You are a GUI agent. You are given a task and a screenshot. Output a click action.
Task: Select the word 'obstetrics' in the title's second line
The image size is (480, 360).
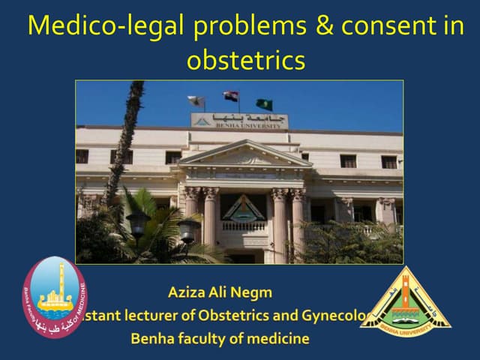246,59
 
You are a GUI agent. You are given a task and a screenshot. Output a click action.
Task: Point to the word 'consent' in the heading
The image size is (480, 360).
382,26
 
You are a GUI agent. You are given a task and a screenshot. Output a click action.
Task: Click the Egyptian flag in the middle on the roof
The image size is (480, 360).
231,97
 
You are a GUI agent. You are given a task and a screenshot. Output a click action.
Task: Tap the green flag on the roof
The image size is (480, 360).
264,103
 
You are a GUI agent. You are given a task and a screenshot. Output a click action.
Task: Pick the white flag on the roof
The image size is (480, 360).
196,100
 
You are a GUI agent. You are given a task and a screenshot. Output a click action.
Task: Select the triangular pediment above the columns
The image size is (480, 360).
241,157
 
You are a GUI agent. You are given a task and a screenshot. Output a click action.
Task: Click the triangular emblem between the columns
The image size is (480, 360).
242,208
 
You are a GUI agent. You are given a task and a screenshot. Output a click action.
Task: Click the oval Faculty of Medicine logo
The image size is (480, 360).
54,297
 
